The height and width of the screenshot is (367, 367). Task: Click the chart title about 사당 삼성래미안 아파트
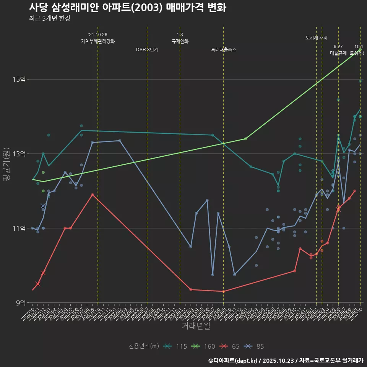coord(127,8)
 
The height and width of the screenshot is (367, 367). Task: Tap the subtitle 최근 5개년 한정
coord(49,18)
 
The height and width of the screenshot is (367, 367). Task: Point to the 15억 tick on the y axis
coord(19,79)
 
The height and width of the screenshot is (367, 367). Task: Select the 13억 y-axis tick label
coord(19,154)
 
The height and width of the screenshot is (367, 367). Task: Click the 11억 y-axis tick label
coord(19,228)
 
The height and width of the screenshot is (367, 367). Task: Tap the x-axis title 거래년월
coord(195,326)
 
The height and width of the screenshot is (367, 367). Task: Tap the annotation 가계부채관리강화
coord(98,41)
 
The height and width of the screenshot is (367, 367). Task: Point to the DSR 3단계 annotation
coord(147,50)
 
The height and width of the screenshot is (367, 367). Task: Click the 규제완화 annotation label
coord(180,41)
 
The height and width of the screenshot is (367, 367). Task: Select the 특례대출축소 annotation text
coord(224,50)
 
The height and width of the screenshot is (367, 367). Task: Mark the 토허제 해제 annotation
coord(317,38)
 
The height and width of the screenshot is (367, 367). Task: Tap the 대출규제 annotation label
coord(338,53)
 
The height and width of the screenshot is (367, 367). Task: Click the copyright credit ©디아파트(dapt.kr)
coord(234,360)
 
